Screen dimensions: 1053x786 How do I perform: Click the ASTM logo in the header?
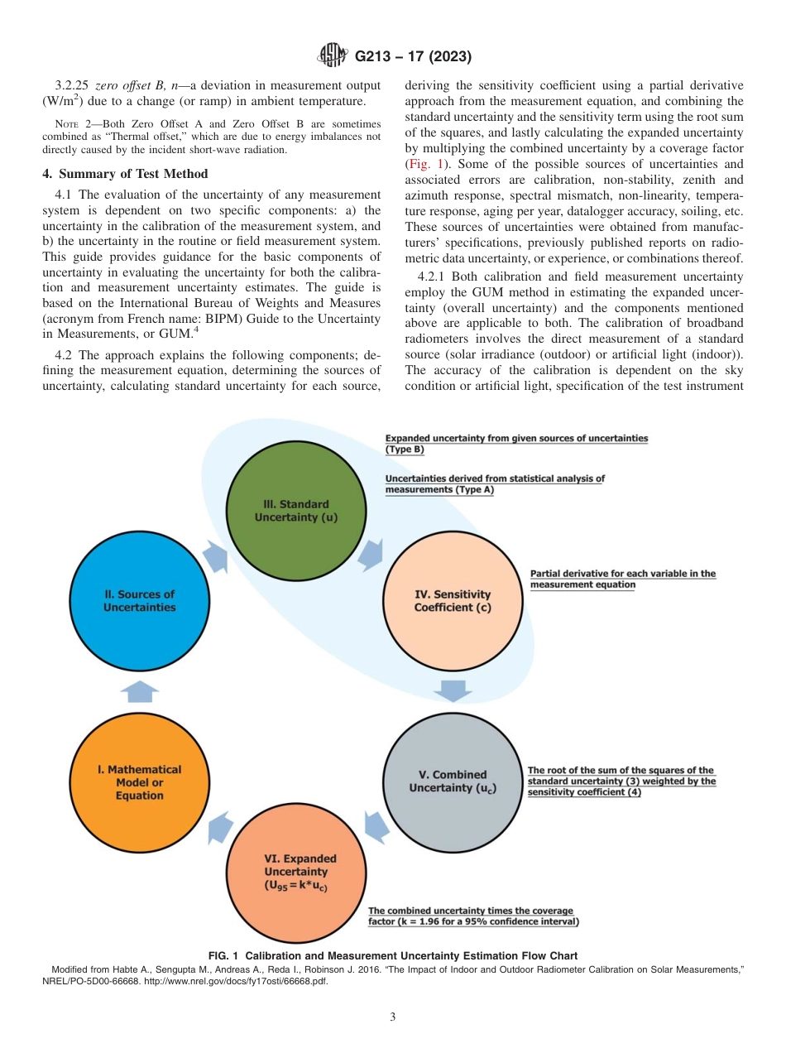[x=333, y=56]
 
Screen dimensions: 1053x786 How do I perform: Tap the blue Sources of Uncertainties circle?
[x=139, y=600]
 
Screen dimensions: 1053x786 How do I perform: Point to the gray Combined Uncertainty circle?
[x=452, y=781]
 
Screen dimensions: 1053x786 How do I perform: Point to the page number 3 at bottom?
[x=393, y=1017]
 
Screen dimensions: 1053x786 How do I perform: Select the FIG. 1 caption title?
[x=392, y=956]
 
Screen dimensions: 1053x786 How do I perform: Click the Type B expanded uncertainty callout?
[x=516, y=443]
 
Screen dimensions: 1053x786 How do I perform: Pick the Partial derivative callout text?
[x=622, y=579]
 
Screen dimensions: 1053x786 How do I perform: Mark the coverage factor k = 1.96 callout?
[x=473, y=916]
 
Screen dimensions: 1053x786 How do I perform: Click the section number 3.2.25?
[x=73, y=86]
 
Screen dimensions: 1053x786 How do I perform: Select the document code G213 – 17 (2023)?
[x=413, y=56]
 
